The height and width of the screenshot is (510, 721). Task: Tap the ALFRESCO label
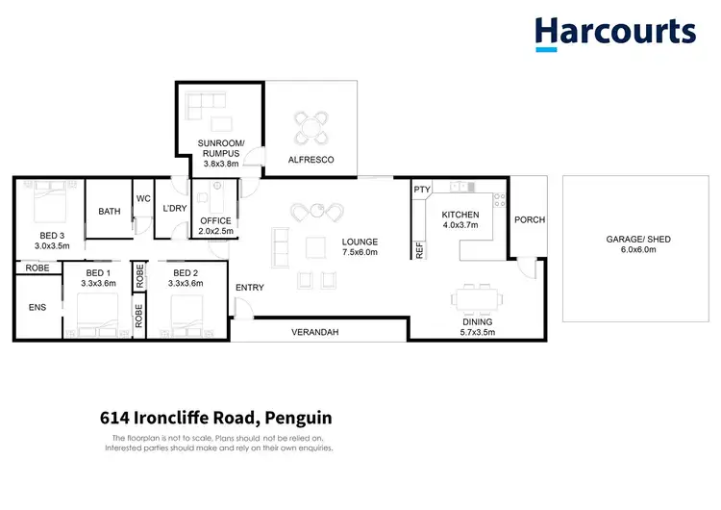(311, 160)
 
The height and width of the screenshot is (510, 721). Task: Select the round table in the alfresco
(311, 126)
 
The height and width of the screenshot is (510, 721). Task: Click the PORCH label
(530, 219)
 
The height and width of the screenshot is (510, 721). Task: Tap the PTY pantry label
(422, 190)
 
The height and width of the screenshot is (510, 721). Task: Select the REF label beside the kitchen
(420, 248)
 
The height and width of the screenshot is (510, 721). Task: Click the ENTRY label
(250, 288)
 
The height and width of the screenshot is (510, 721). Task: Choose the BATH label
(109, 211)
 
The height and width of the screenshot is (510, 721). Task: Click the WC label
(143, 198)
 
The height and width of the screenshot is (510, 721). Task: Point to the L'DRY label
(174, 209)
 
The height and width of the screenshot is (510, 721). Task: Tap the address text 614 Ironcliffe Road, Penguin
(215, 419)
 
